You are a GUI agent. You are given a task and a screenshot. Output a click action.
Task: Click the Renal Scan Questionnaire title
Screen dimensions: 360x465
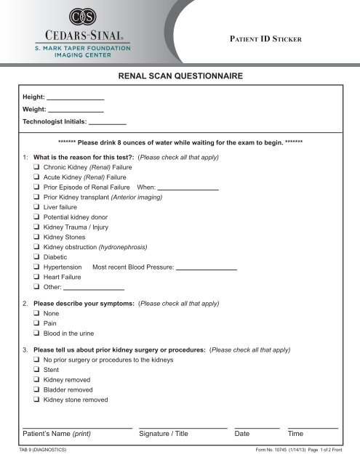pyautogui.click(x=180, y=75)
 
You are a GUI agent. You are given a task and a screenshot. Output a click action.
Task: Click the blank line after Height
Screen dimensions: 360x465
pyautogui.click(x=76, y=98)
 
